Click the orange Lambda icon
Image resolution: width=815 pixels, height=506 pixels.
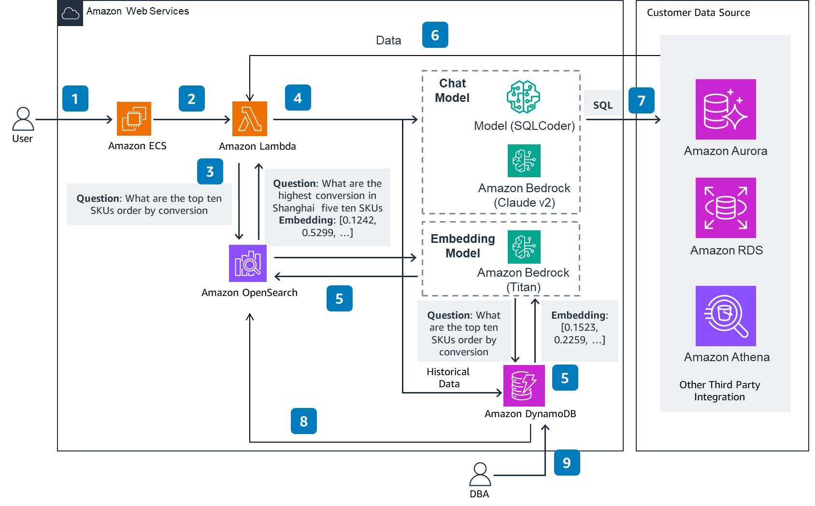click(249, 119)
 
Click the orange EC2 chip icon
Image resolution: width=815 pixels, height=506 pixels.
click(134, 119)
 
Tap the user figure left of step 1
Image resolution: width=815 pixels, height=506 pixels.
click(23, 119)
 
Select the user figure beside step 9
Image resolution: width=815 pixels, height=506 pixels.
click(480, 474)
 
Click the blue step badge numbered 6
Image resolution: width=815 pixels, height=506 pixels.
click(435, 35)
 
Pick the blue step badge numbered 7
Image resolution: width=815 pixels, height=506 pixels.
click(641, 100)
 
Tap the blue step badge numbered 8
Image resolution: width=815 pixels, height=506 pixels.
click(303, 421)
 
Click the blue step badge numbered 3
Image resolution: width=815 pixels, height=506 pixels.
click(210, 171)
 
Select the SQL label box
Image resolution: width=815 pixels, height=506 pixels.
click(602, 104)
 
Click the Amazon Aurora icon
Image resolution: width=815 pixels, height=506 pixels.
click(725, 109)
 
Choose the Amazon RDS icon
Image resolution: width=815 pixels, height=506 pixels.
click(725, 208)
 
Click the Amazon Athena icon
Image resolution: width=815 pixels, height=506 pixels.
click(725, 316)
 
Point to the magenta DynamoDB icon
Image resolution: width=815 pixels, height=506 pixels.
click(524, 385)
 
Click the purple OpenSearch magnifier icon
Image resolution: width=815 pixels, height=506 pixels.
click(247, 263)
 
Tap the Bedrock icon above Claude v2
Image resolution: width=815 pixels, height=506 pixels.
click(524, 161)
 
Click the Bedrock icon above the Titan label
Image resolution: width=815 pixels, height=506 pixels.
click(524, 247)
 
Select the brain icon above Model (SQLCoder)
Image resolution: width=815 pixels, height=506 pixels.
click(523, 97)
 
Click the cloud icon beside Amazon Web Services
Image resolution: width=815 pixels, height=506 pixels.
click(70, 13)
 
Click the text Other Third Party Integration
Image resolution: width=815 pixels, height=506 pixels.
click(719, 391)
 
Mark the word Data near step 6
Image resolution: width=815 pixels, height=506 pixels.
click(388, 41)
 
